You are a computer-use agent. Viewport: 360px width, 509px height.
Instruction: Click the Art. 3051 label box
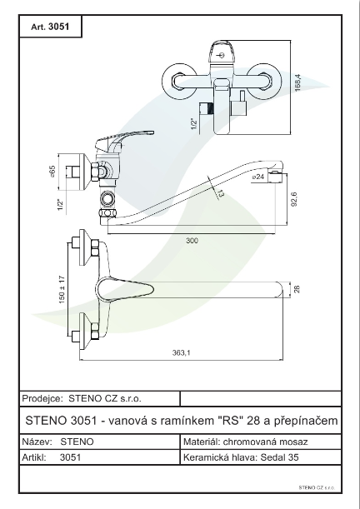coord(49,26)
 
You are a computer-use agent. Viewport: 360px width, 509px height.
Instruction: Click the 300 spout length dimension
coord(193,240)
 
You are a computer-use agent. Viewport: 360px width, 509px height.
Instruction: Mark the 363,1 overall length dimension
coord(181,353)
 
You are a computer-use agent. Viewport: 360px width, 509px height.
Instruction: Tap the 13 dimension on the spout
coord(220,194)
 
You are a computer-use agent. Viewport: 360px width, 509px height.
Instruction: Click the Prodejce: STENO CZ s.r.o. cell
coord(98,398)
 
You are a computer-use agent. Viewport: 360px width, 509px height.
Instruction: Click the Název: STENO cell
coord(98,442)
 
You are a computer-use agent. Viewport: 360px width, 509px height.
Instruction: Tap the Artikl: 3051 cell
coord(98,457)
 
